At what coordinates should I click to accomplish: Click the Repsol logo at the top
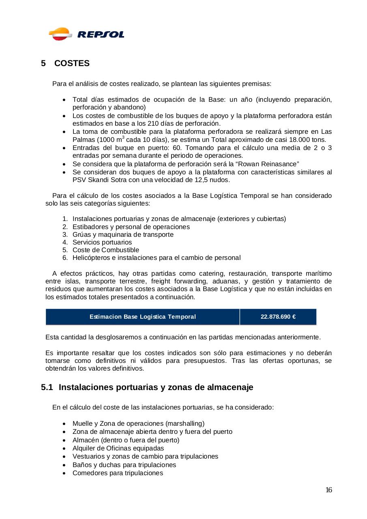tap(86, 34)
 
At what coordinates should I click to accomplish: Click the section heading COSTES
tap(72, 64)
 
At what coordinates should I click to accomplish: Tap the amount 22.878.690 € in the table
tap(278, 317)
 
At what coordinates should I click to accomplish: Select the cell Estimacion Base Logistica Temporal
tap(143, 317)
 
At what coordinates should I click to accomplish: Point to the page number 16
tap(329, 490)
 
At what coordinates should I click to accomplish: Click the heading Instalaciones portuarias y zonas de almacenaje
tap(156, 387)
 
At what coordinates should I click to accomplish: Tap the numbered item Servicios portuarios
tap(102, 242)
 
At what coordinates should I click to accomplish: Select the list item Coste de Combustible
tap(106, 250)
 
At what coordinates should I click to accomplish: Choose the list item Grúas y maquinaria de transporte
tap(123, 234)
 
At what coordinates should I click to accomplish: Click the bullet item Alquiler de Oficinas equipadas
tap(118, 448)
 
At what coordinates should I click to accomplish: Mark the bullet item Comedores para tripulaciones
tap(118, 473)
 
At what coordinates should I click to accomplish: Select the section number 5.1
tap(47, 387)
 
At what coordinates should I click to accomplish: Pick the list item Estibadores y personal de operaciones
tap(131, 227)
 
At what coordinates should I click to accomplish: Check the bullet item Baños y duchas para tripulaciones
tap(124, 465)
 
